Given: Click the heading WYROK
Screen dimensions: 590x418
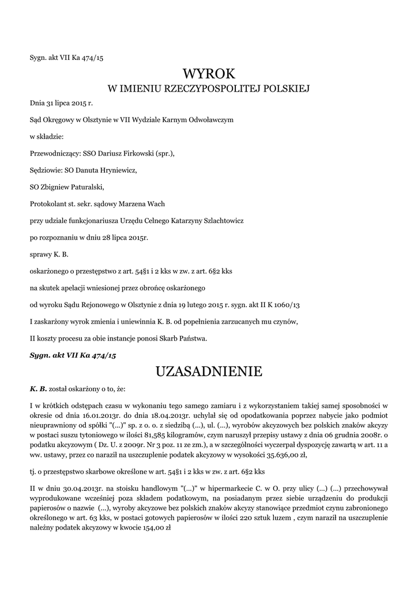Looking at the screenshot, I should point(209,74).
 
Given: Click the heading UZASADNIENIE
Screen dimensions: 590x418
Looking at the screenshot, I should point(209,372).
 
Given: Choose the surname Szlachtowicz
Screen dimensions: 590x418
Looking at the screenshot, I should point(220,220).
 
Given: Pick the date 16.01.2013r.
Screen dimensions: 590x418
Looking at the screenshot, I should point(103,414).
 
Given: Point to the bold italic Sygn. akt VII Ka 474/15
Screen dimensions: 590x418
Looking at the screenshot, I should point(73,355).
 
